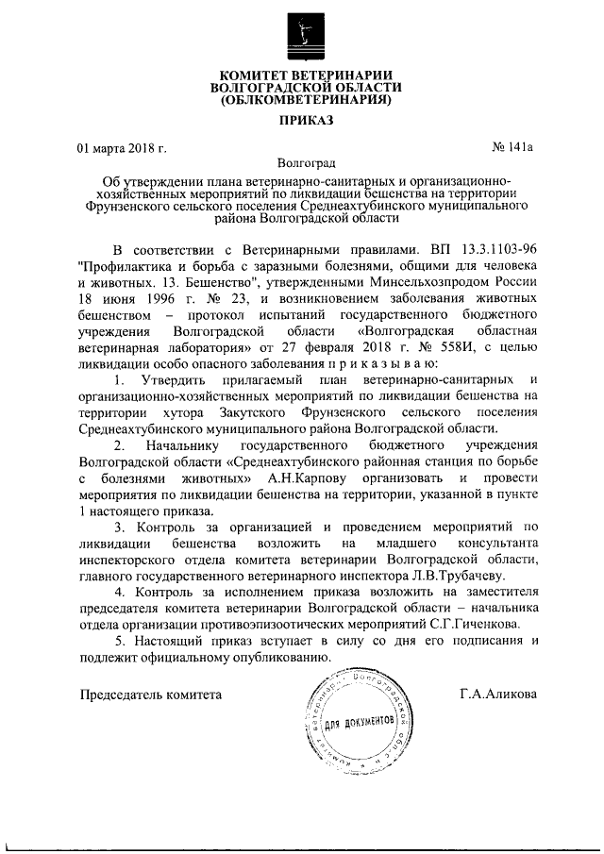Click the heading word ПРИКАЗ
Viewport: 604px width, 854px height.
(x=305, y=120)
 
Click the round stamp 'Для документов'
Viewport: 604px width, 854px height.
(x=359, y=721)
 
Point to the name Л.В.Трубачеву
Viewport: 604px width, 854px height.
(x=460, y=575)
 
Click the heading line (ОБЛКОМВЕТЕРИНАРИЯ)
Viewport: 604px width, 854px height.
(x=305, y=98)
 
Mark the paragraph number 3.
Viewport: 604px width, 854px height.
(x=117, y=527)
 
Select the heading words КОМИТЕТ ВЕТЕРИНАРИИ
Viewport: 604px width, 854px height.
(x=305, y=74)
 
